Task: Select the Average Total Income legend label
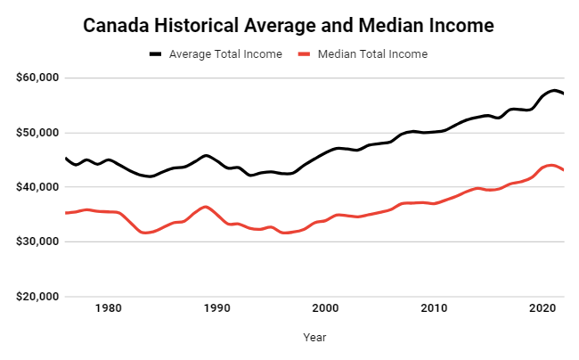(x=227, y=54)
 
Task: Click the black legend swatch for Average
(x=156, y=54)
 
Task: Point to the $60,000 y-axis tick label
(x=37, y=78)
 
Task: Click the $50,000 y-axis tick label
(x=37, y=133)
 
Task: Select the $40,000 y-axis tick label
(x=37, y=187)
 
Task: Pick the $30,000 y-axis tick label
(x=37, y=241)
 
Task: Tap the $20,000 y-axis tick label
(x=37, y=296)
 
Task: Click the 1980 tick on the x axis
(x=109, y=308)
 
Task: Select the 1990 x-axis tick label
(x=217, y=308)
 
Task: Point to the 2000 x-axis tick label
(x=326, y=308)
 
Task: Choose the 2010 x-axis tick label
(x=435, y=308)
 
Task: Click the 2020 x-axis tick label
(x=543, y=308)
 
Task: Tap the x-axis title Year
(x=314, y=338)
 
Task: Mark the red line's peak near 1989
(x=206, y=207)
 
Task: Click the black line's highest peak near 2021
(x=554, y=91)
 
